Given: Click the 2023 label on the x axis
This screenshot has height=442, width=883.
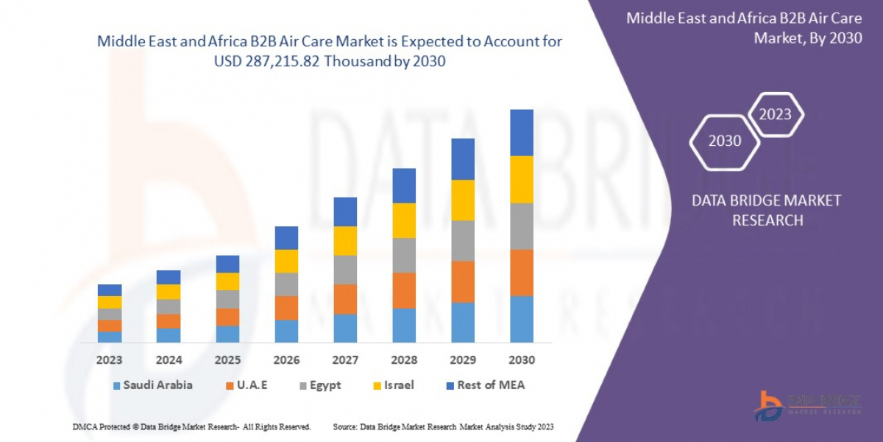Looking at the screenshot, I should click(110, 360).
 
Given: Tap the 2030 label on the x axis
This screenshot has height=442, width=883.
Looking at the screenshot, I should click(521, 360).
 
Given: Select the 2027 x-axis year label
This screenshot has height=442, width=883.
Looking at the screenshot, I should click(345, 360).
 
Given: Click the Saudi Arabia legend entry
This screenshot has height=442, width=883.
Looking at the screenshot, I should click(153, 385).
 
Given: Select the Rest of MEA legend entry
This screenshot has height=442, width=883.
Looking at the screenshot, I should click(485, 385).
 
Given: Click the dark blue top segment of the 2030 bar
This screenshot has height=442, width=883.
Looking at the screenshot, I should click(522, 133).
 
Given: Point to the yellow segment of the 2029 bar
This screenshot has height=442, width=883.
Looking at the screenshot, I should click(463, 200).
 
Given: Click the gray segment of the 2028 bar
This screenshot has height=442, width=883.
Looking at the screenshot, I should click(404, 256).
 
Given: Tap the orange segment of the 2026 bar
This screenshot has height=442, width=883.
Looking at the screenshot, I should click(286, 308).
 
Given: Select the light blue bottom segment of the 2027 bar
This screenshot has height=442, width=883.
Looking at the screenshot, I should click(345, 328).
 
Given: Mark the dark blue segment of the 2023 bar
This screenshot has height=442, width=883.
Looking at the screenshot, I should click(110, 290).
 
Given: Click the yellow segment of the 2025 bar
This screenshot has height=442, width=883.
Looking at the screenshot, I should click(227, 281).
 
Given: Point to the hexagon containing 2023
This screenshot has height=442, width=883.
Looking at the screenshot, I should click(775, 114).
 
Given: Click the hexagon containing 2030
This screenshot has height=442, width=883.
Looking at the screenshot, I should click(725, 141).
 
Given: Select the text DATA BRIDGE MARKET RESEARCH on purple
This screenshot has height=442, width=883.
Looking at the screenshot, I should click(767, 210).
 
